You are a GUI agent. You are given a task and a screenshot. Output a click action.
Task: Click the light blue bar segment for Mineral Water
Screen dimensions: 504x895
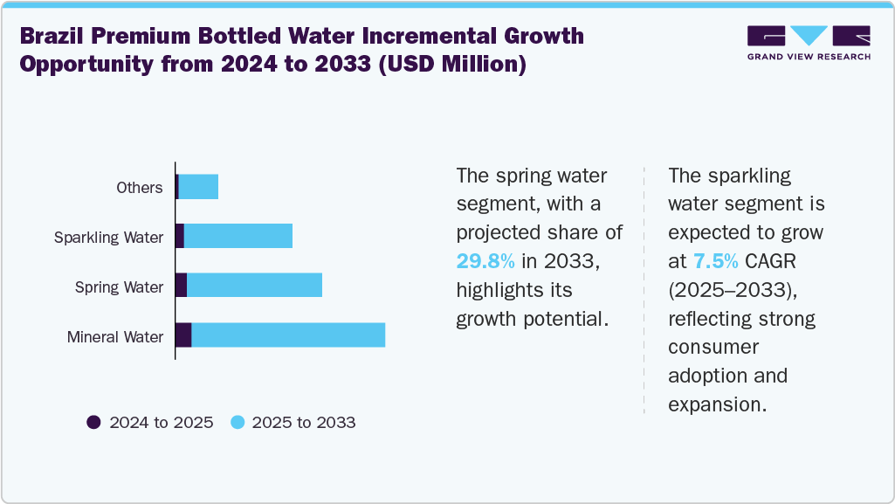coord(288,335)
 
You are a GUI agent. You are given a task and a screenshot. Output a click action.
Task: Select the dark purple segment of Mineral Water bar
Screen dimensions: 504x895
coord(183,335)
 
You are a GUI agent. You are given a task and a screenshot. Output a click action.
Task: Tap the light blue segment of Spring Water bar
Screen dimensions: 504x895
coord(254,286)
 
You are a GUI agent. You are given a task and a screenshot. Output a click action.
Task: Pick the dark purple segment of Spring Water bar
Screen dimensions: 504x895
coord(181,286)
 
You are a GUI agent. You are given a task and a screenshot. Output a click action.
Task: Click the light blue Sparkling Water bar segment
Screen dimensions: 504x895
coord(238,236)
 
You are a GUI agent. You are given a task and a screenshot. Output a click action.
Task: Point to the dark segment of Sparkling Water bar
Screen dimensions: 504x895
coord(180,236)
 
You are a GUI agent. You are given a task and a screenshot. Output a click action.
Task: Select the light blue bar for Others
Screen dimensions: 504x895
coord(198,187)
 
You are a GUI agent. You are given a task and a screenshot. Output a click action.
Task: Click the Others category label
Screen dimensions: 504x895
coord(140,188)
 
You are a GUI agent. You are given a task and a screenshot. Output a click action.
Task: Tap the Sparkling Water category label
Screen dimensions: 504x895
coord(108,238)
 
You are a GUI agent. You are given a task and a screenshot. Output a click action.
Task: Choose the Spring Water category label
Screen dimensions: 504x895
coord(119,287)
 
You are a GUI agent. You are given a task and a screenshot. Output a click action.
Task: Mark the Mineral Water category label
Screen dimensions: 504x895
coord(115,337)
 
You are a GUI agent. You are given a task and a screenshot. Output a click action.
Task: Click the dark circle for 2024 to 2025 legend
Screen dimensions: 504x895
coord(93,423)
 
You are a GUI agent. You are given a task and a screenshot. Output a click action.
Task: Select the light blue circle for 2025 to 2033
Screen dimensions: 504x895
coord(237,423)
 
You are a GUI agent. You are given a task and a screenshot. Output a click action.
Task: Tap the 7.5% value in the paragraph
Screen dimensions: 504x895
coord(716,261)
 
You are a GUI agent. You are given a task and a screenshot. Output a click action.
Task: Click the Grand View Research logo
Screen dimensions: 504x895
coord(809,43)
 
